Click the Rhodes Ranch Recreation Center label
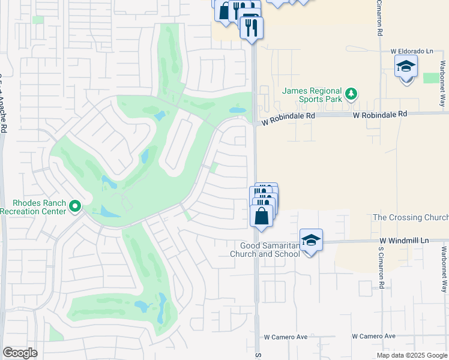pos(35,206)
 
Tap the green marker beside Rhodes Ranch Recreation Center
pos(75,207)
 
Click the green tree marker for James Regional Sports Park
pos(351,94)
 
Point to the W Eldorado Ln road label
pos(411,52)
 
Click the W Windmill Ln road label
pos(406,241)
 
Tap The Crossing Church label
pos(411,217)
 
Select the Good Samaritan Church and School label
pos(270,250)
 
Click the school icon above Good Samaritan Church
pos(311,241)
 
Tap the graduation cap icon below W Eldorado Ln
pos(406,67)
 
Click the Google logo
pos(20,353)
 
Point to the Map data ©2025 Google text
pos(412,355)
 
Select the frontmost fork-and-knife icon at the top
pos(251,28)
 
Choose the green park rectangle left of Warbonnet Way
pos(431,78)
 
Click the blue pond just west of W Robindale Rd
pos(238,110)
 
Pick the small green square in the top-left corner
pos(38,20)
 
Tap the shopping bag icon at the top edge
pos(224,11)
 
